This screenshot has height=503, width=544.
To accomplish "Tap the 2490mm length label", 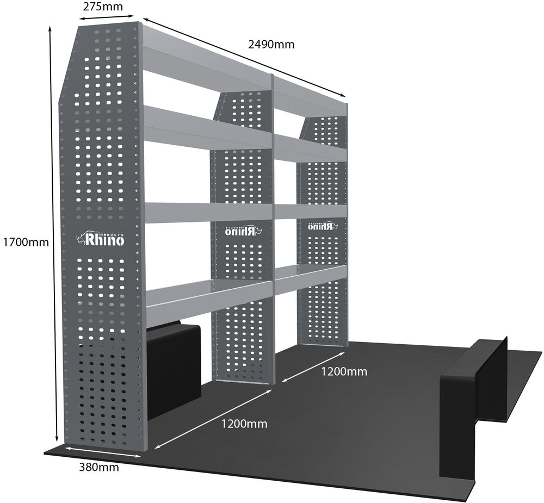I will (271, 45).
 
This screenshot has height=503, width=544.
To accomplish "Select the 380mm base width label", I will (99, 467).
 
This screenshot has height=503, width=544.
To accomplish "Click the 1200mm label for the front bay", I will (244, 424).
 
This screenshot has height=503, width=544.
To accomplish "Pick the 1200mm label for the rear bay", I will (344, 372).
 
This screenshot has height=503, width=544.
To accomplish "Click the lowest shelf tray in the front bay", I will (209, 294).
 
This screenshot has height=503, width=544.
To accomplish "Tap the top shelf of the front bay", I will (207, 60).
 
